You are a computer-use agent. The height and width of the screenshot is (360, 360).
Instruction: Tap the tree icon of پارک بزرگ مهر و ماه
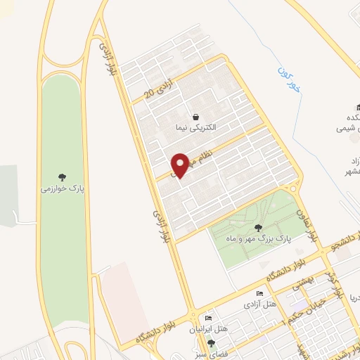[258, 227]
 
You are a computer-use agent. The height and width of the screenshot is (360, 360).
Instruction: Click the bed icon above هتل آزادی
[259, 293]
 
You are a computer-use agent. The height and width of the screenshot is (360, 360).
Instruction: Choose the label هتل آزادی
[256, 304]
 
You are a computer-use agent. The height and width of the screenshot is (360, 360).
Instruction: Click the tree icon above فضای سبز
[209, 342]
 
